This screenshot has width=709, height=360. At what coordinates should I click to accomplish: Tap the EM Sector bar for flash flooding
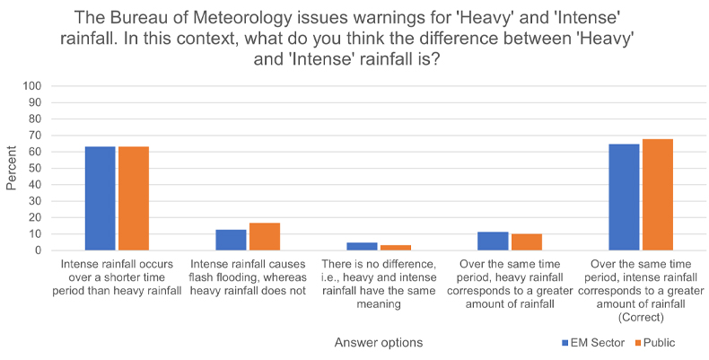[231, 240]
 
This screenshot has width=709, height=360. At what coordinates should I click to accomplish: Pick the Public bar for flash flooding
[265, 236]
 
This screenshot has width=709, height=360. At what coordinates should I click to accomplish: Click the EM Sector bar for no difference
[362, 246]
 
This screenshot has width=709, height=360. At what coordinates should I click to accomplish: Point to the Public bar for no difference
[395, 248]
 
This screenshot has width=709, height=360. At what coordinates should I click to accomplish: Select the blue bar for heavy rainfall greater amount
[493, 241]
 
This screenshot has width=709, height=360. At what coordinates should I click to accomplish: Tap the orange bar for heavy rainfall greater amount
[526, 241]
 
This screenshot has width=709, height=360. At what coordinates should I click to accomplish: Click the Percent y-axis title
[12, 169]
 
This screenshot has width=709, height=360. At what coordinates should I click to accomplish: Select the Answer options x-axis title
[379, 342]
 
